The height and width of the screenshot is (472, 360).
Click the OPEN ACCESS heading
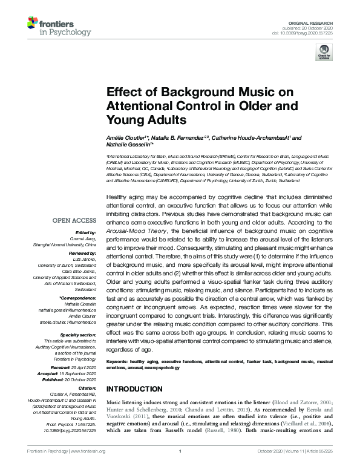tap(74, 220)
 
